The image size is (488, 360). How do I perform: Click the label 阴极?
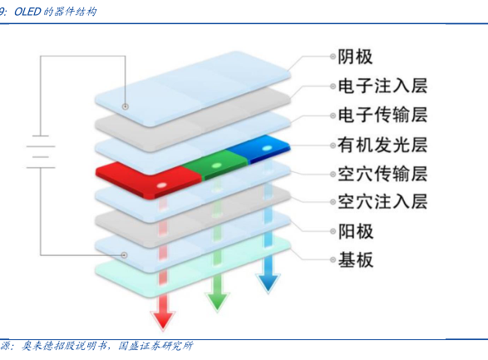[355, 57]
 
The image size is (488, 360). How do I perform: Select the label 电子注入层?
[382, 86]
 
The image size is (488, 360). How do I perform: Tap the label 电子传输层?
[382, 115]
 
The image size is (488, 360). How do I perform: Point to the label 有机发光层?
[382, 145]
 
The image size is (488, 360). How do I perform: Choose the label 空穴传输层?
[382, 173]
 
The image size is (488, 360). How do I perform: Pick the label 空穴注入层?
[382, 202]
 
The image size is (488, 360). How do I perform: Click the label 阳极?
[356, 231]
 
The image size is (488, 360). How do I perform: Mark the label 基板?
[356, 259]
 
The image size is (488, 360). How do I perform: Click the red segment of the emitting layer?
[149, 180]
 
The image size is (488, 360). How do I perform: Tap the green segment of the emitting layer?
[215, 165]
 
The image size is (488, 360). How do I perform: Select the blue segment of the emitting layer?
[259, 149]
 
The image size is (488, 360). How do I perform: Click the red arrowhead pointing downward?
[163, 320]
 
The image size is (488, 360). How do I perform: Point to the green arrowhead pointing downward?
[217, 301]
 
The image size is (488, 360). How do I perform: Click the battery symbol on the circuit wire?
[41, 152]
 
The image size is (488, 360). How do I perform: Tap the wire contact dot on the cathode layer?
[125, 106]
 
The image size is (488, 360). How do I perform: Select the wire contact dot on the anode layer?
[124, 255]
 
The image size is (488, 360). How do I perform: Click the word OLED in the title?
[28, 12]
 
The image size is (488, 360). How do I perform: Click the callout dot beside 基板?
[333, 259]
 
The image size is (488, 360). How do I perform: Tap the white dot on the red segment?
[161, 185]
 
